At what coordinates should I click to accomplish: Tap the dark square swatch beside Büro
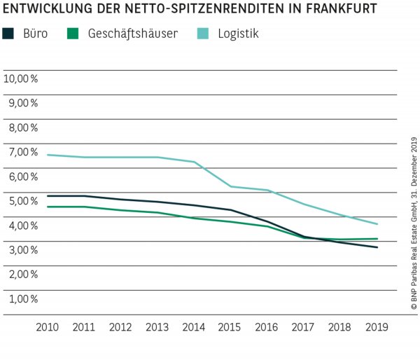9,33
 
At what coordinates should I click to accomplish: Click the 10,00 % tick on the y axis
21,78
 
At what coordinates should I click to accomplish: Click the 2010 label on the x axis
48,327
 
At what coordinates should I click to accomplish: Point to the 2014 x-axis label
193,327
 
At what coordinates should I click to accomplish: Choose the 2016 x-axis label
267,327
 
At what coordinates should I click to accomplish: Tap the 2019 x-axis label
377,327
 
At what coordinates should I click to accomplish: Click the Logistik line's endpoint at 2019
378,224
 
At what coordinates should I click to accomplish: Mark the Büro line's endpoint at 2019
378,247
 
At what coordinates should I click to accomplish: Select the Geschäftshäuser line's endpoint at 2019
378,239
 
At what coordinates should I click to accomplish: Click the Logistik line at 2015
230,186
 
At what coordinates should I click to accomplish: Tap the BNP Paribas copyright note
413,224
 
